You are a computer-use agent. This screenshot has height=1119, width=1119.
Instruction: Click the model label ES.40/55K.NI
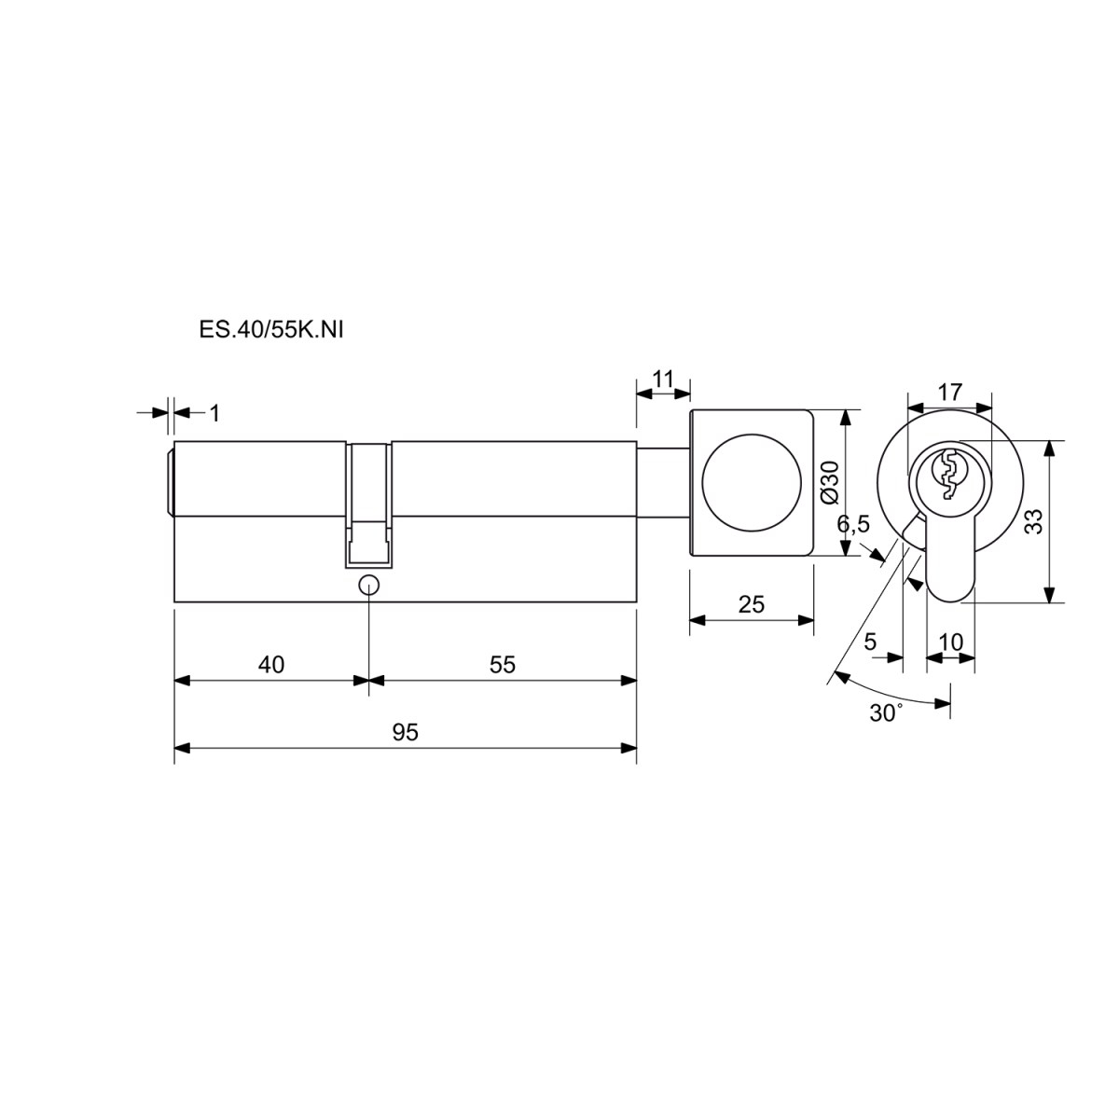point(271,330)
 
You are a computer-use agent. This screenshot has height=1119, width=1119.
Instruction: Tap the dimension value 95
point(405,733)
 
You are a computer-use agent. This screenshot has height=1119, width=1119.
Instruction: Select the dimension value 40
point(271,664)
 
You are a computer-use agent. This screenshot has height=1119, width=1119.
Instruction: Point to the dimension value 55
point(503,664)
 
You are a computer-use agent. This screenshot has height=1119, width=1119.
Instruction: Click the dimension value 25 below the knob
point(752,605)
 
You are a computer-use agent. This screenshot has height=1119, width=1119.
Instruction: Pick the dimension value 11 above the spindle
point(663,379)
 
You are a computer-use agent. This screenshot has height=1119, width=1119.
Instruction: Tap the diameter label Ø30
point(831,482)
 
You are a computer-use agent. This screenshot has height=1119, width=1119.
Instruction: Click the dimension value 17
point(950,392)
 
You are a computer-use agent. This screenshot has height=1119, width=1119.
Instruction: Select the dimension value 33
point(1034,521)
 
